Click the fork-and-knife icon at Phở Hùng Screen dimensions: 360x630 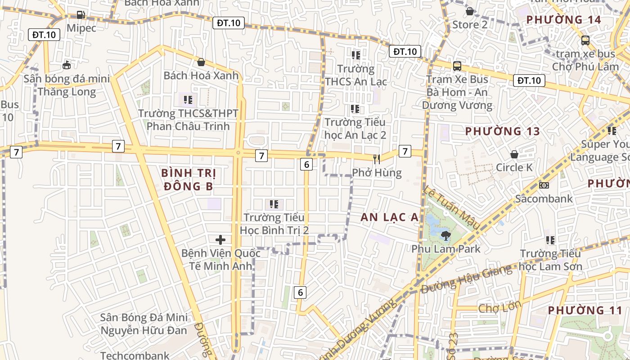coord(377,158)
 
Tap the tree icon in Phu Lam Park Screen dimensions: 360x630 coord(446,235)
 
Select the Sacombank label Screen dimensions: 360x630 coord(544,198)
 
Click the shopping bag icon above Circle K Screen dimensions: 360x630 coord(514,154)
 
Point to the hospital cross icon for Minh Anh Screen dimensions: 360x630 coord(220,239)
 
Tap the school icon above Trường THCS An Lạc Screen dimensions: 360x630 coord(356,55)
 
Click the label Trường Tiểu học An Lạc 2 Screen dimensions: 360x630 coord(355,128)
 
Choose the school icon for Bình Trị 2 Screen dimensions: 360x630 coord(274,205)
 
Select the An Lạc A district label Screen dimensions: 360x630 coord(389,217)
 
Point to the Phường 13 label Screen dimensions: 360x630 coord(502,131)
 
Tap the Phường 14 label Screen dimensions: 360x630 coord(563,20)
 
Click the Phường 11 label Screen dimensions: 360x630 coord(585,310)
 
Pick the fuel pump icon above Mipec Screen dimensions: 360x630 coord(81,15)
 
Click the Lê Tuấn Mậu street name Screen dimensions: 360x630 coord(451,207)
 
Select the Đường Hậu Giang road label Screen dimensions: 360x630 coord(466,279)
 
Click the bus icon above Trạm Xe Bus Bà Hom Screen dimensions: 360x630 coord(457,66)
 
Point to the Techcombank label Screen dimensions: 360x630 coord(135,355)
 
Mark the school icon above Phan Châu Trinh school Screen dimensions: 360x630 coord(188,99)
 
